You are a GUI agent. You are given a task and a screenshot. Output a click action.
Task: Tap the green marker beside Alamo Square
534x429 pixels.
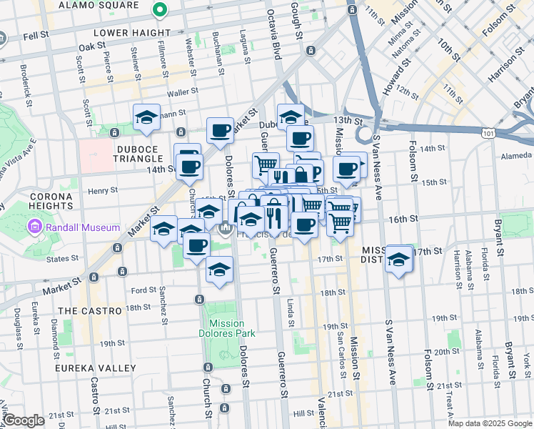pos(160,11)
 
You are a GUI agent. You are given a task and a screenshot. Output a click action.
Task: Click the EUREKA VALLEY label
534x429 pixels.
pos(96,368)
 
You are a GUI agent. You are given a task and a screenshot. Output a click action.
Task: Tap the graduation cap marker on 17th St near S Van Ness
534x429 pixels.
pos(398,260)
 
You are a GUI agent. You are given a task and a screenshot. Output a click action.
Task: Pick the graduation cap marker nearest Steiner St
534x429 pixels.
pos(146,117)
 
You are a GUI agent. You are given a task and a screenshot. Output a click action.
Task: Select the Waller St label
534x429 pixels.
pos(181,93)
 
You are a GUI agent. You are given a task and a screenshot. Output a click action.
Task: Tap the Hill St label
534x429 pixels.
pos(303,413)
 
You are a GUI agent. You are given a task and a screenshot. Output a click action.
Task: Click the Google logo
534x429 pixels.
pos(24,420)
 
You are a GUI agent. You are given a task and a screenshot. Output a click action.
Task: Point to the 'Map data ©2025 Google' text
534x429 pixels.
pos(490,423)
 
